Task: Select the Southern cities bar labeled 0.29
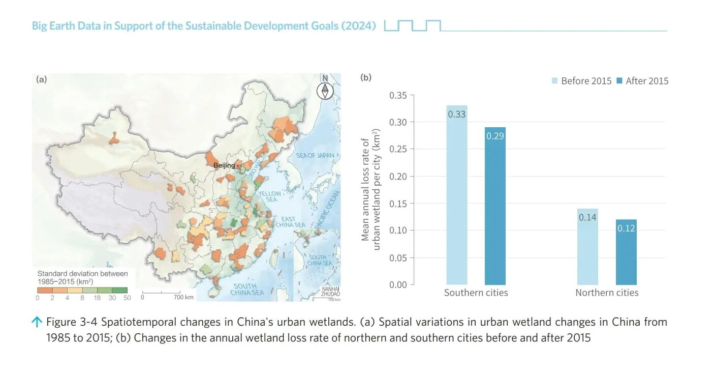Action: click(x=495, y=206)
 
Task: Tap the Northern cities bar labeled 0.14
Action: click(x=587, y=246)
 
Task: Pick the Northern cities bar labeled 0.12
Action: click(x=626, y=252)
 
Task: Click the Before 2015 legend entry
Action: click(x=581, y=81)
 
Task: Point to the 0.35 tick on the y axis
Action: click(x=398, y=95)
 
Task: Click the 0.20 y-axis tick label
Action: click(x=398, y=176)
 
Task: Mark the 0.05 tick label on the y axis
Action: click(x=398, y=257)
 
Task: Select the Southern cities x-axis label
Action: click(x=476, y=293)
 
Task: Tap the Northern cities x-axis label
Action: click(x=607, y=293)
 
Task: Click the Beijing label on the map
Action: click(x=224, y=165)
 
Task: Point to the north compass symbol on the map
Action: click(x=325, y=90)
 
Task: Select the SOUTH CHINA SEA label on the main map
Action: click(x=247, y=289)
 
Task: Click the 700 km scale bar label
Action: click(x=183, y=297)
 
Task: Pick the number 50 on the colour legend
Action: click(x=127, y=297)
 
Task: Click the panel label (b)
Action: click(x=366, y=78)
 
